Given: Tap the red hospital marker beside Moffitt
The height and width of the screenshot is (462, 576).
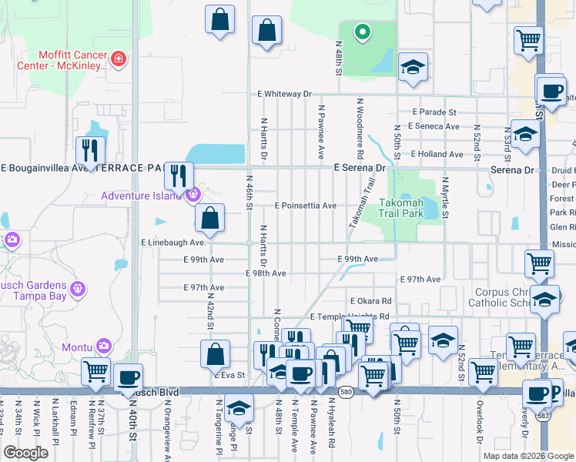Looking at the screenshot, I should [x=118, y=59].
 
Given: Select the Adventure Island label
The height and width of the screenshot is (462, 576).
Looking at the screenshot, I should [x=145, y=196].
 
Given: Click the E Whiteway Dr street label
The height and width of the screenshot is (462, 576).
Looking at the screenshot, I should [x=285, y=94].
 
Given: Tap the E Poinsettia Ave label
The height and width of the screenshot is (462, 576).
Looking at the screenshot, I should [x=306, y=206].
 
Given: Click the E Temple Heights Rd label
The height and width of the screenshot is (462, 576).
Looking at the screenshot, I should [x=349, y=316].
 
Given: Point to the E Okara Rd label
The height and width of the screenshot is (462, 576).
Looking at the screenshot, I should [x=370, y=301].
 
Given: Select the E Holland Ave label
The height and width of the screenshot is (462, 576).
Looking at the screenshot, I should [x=437, y=154].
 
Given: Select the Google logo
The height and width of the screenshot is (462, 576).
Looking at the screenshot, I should [x=25, y=453].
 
